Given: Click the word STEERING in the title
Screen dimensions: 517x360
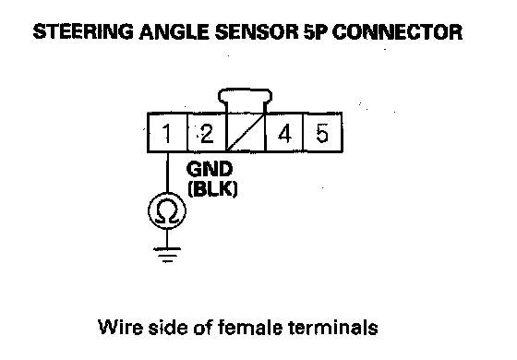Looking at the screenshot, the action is tap(83, 32).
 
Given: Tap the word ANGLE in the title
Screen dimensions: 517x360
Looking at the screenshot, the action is tap(174, 32).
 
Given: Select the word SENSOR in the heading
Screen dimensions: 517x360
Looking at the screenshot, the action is tap(257, 32).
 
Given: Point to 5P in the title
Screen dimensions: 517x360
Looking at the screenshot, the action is tap(316, 32).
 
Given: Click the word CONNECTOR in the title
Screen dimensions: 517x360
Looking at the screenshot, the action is tap(398, 32).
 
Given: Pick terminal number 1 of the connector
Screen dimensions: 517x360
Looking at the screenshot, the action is tap(167, 133).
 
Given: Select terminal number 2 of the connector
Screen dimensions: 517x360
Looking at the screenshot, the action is tap(207, 133).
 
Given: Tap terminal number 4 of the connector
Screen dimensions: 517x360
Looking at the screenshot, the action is tap(284, 133).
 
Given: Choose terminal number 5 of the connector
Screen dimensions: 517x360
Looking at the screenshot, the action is tap(322, 133).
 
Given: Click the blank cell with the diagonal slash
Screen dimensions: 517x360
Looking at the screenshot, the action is tap(246, 133).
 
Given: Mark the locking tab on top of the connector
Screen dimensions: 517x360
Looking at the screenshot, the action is tap(245, 95).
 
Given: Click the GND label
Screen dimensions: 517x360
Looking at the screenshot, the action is tap(210, 169).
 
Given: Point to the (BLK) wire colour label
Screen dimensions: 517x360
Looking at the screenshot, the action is tap(212, 189).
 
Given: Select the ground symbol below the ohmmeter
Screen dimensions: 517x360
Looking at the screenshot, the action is tap(167, 255).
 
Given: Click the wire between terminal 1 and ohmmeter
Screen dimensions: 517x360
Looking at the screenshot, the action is tap(167, 173).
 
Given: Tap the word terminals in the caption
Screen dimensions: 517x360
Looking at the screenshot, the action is tap(333, 328).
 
